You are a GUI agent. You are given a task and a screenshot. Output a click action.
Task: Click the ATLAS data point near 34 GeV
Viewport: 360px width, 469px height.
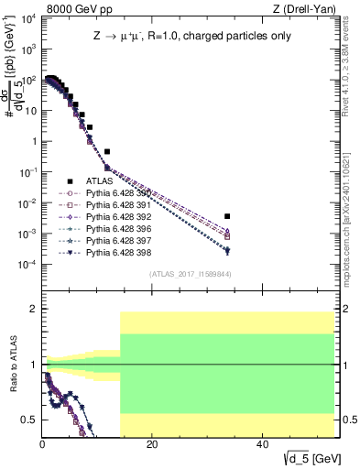pyautogui.click(x=227, y=216)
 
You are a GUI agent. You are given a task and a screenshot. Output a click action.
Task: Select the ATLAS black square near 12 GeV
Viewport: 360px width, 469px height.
pyautogui.click(x=107, y=151)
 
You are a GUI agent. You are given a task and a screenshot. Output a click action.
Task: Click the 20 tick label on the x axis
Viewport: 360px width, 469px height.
pyautogui.click(x=152, y=444)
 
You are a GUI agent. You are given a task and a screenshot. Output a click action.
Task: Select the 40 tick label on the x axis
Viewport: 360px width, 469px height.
pyautogui.click(x=262, y=444)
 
